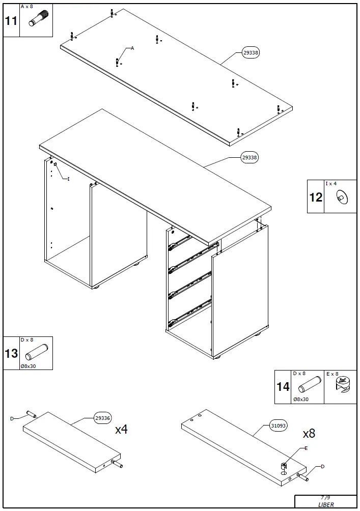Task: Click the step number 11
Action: point(11,21)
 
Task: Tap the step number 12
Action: point(316,197)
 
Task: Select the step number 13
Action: point(11,353)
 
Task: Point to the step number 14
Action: point(283,387)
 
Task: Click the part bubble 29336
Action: point(103,418)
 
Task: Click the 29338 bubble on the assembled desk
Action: point(250,158)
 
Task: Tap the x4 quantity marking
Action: point(121,430)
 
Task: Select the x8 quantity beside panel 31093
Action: point(309,434)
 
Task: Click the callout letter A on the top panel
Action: point(132,48)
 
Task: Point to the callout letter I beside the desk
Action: point(68,179)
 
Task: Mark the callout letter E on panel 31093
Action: point(306,448)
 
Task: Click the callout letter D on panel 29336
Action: point(12,418)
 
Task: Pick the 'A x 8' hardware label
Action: point(27,7)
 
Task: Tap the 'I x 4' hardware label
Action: point(331,184)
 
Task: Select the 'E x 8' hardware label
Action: point(333,374)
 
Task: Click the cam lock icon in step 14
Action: point(344,386)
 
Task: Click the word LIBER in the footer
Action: point(325,505)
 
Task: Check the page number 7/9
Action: point(325,498)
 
